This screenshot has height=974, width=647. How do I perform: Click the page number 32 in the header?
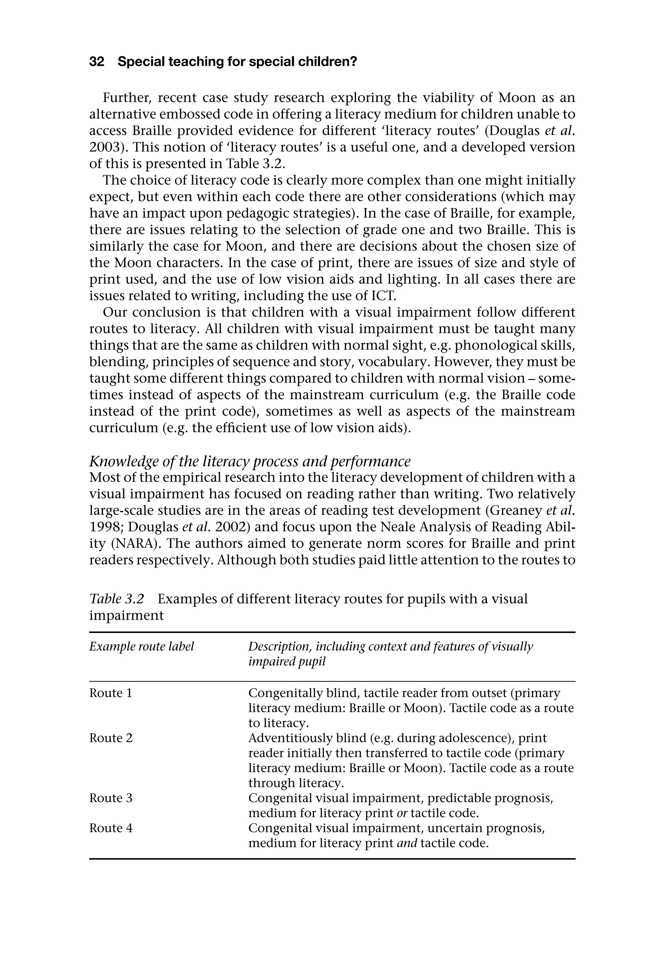97,62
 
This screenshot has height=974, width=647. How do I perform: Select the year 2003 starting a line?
104,147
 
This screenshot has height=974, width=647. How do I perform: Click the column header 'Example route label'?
142,646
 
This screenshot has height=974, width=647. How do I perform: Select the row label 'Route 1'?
111,693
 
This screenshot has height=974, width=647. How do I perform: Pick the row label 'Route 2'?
111,738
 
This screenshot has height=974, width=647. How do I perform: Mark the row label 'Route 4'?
111,828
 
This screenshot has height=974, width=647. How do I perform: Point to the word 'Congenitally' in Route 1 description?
286,693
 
